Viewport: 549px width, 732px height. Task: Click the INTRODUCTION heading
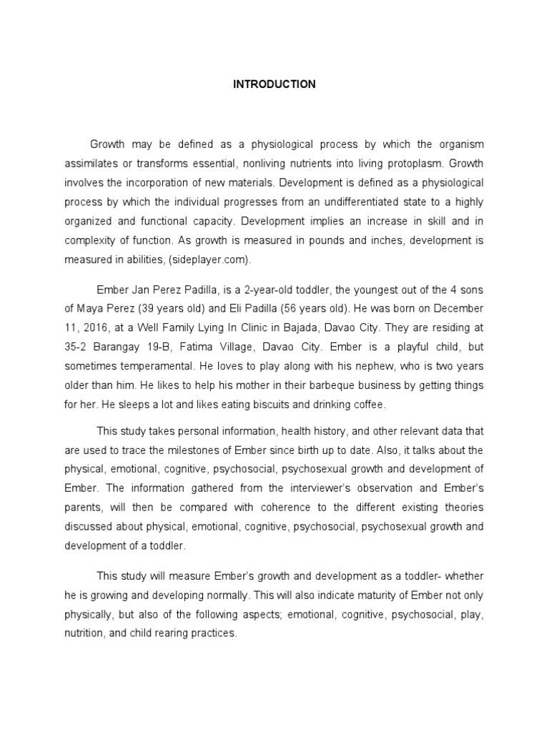pyautogui.click(x=274, y=84)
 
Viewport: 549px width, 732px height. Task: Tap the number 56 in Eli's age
pyautogui.click(x=298, y=309)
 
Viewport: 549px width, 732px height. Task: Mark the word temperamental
pyautogui.click(x=151, y=366)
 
